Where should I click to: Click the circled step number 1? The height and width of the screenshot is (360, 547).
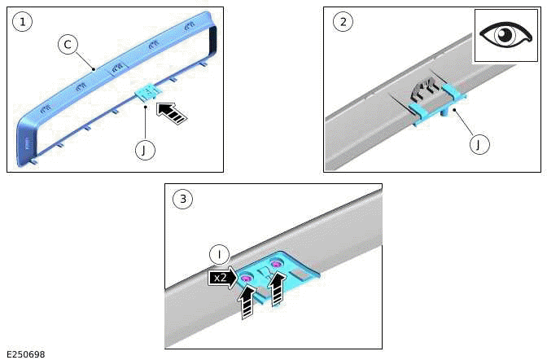(x=24, y=22)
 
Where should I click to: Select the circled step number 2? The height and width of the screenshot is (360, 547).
(x=342, y=22)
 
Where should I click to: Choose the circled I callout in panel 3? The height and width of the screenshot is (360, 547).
(x=219, y=253)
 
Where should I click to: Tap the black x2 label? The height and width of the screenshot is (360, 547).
(x=220, y=278)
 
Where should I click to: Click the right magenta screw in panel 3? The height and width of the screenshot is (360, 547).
(x=278, y=264)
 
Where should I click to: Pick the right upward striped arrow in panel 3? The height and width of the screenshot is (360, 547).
(x=278, y=288)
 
